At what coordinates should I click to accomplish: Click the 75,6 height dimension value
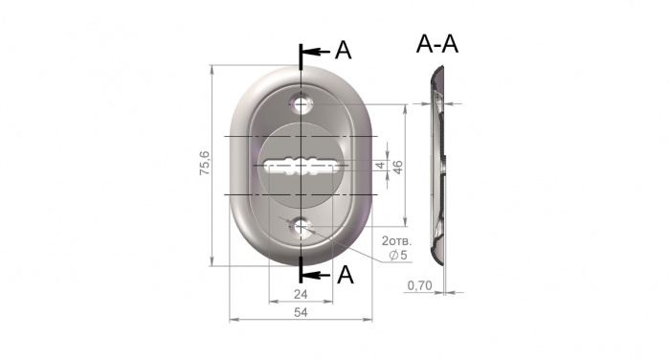tap(205, 163)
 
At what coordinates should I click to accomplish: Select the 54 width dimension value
tap(301, 312)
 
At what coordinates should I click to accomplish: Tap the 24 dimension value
tap(301, 294)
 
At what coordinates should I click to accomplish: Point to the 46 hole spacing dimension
tap(397, 167)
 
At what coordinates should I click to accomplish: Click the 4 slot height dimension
tap(381, 165)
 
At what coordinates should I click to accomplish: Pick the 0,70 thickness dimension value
tap(419, 285)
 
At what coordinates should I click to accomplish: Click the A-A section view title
tap(437, 44)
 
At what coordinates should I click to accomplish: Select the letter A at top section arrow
tap(343, 51)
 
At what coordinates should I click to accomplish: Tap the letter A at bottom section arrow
tap(346, 275)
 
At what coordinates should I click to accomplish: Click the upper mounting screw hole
tap(301, 104)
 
